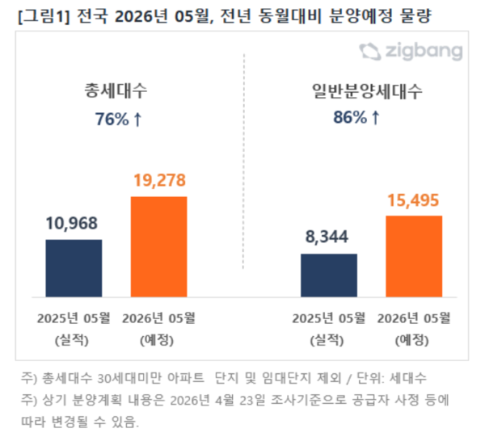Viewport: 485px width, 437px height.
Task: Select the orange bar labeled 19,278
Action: [x=158, y=247]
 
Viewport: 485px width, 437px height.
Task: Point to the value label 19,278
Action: [x=158, y=182]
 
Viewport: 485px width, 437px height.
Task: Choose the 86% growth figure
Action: [x=349, y=118]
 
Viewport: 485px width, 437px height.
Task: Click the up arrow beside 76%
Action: [x=137, y=120]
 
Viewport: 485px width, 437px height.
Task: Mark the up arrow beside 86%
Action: [x=375, y=118]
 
